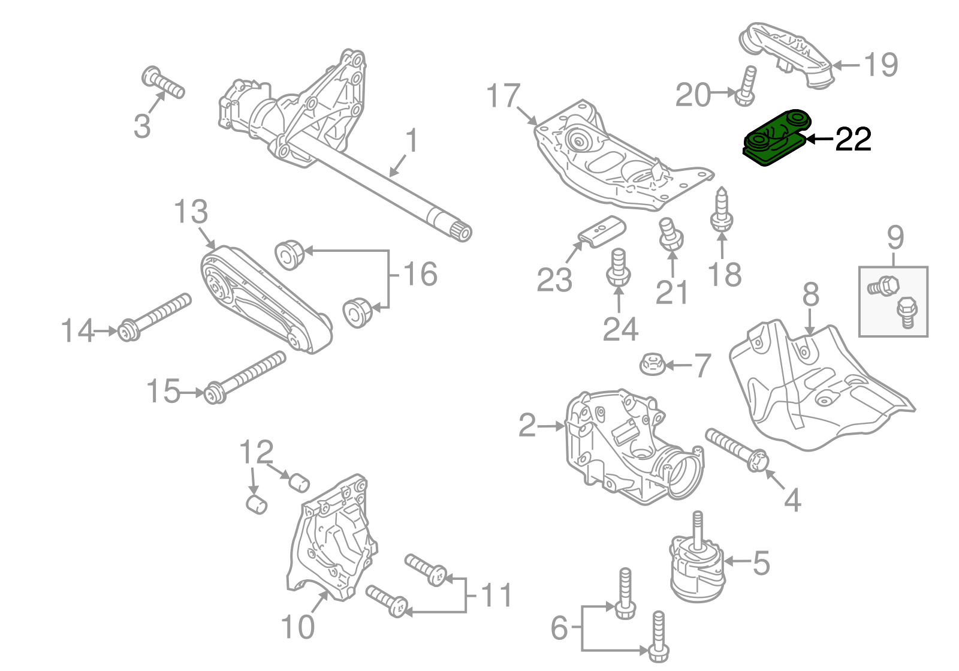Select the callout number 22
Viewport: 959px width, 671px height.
point(852,140)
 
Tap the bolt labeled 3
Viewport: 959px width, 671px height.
point(164,85)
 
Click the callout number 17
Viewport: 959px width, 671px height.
point(503,96)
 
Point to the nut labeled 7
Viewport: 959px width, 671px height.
point(651,363)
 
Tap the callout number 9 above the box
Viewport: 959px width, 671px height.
point(894,238)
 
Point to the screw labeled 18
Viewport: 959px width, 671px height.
point(721,211)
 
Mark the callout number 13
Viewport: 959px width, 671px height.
point(191,212)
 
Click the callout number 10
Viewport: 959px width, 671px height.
point(297,627)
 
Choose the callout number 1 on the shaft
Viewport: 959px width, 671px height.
point(411,142)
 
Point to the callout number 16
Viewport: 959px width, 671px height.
point(420,274)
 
